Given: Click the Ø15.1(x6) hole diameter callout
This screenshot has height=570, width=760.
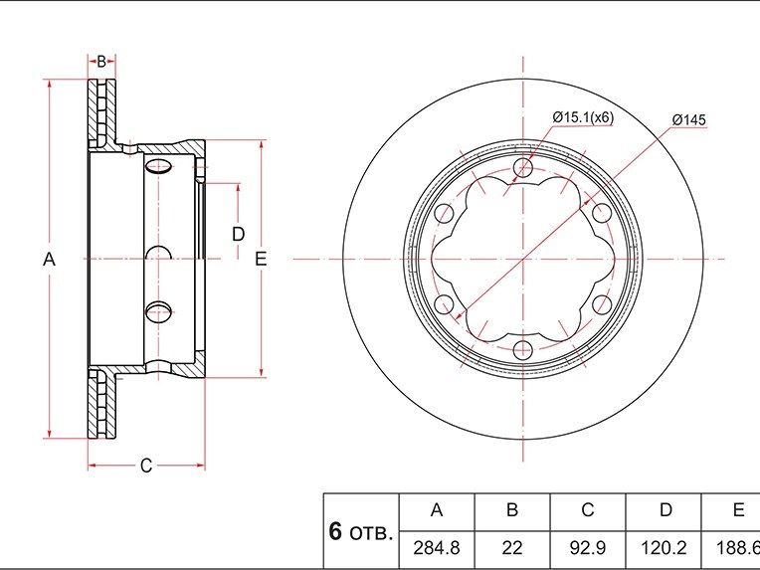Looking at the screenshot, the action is pyautogui.click(x=583, y=117).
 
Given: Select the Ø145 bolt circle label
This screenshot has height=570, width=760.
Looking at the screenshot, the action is pyautogui.click(x=688, y=119).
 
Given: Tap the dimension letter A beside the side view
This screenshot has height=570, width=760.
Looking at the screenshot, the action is pyautogui.click(x=49, y=260).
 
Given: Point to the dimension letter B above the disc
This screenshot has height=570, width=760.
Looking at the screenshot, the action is pyautogui.click(x=101, y=62).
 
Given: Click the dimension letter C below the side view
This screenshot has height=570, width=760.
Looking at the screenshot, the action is pyautogui.click(x=146, y=466).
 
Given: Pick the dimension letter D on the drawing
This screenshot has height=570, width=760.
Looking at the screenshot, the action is pyautogui.click(x=238, y=235).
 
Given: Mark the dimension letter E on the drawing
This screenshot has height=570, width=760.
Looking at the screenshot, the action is pyautogui.click(x=261, y=260).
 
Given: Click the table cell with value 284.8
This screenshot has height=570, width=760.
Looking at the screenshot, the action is pyautogui.click(x=437, y=548).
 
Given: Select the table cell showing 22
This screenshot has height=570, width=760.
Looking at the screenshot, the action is pyautogui.click(x=512, y=548).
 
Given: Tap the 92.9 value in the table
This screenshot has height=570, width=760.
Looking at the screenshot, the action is pyautogui.click(x=588, y=548).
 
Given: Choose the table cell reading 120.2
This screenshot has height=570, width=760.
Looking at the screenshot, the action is pyautogui.click(x=664, y=548).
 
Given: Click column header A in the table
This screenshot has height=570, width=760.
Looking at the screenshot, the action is pyautogui.click(x=437, y=510).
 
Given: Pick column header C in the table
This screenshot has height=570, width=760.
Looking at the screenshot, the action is pyautogui.click(x=588, y=510).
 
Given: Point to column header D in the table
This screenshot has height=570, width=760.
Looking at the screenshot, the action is pyautogui.click(x=665, y=510).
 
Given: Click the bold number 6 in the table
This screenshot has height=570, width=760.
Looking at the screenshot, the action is pyautogui.click(x=335, y=532).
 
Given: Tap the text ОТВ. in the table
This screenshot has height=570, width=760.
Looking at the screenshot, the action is pyautogui.click(x=371, y=534).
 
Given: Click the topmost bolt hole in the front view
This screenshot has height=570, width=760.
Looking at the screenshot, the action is pyautogui.click(x=523, y=168).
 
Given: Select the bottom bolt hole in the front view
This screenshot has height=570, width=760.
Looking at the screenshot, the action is pyautogui.click(x=523, y=350).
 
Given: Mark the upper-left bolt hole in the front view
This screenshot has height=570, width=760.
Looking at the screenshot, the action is pyautogui.click(x=444, y=214).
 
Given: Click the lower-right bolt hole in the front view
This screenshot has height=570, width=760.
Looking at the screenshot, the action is pyautogui.click(x=602, y=304).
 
